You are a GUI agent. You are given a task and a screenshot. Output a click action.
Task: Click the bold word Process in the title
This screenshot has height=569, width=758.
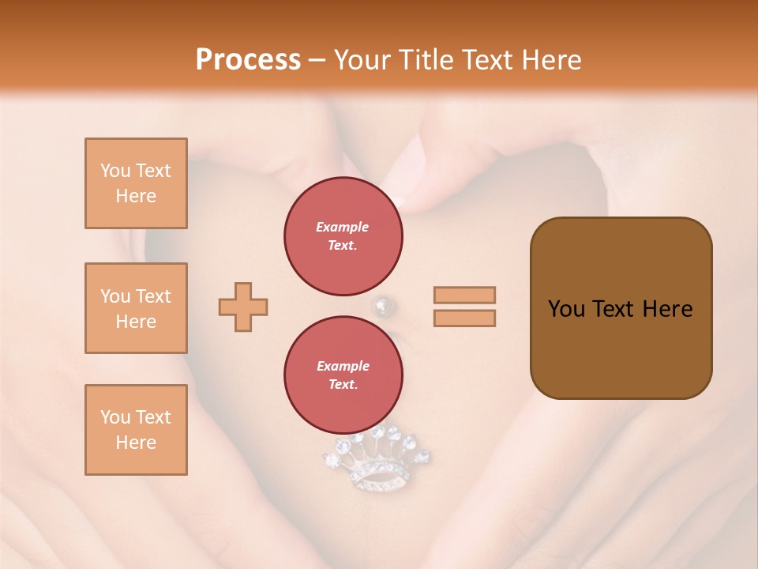coord(248,60)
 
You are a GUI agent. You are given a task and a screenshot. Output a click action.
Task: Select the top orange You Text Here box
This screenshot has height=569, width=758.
coord(136,183)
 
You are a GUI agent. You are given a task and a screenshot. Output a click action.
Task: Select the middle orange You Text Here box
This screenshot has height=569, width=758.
coord(136,308)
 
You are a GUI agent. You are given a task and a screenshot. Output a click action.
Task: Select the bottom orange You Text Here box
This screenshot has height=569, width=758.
coord(136,430)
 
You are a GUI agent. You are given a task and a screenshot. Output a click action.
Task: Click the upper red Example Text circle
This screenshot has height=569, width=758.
coord(343,236)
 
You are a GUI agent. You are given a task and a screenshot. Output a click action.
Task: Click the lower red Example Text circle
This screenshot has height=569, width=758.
coord(343,375)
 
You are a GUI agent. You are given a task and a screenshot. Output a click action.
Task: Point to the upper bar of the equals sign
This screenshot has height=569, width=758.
coord(464,295)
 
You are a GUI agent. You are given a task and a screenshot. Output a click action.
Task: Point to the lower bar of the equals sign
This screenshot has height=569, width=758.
coord(464,318)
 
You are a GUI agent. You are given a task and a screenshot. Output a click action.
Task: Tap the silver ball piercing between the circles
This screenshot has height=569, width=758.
coord(382,305)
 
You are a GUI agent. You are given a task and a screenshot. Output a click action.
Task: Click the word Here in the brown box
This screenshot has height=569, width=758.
coord(667,309)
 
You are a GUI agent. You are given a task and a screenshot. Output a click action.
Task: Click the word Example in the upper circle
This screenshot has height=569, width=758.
coord(343,227)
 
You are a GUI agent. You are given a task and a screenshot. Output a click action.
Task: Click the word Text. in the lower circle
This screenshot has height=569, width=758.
coord(343,384)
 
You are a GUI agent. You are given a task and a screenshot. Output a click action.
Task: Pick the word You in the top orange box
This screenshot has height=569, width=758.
coord(115,171)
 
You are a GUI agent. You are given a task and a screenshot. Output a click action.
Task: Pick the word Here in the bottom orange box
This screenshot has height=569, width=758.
coord(136,443)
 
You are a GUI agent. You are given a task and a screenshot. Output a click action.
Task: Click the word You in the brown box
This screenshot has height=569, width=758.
coord(566,309)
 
